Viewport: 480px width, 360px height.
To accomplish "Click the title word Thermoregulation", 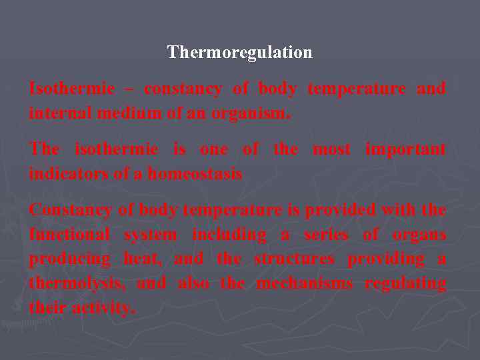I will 239,52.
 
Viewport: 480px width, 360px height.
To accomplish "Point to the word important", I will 405,149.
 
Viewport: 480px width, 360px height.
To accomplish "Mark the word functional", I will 70,235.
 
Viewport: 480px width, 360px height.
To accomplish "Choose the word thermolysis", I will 76,284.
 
